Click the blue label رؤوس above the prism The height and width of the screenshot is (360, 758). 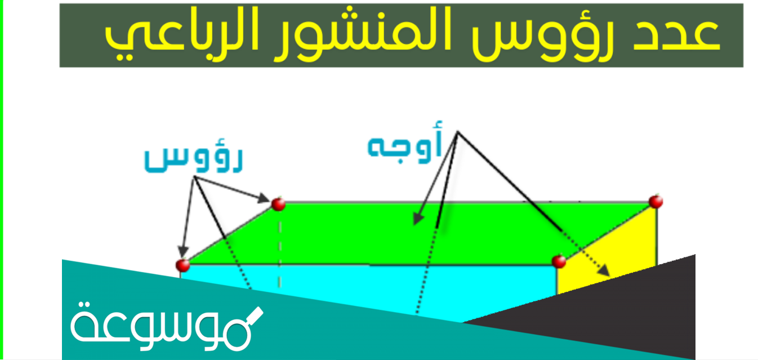pyautogui.click(x=193, y=159)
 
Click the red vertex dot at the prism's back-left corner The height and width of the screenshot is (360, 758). pyautogui.click(x=278, y=204)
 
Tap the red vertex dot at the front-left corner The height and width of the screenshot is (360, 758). pyautogui.click(x=181, y=264)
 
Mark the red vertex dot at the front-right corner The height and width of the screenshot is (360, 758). pyautogui.click(x=559, y=261)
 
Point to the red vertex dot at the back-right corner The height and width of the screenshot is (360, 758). pyautogui.click(x=655, y=201)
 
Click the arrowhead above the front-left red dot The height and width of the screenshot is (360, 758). pyautogui.click(x=181, y=252)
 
